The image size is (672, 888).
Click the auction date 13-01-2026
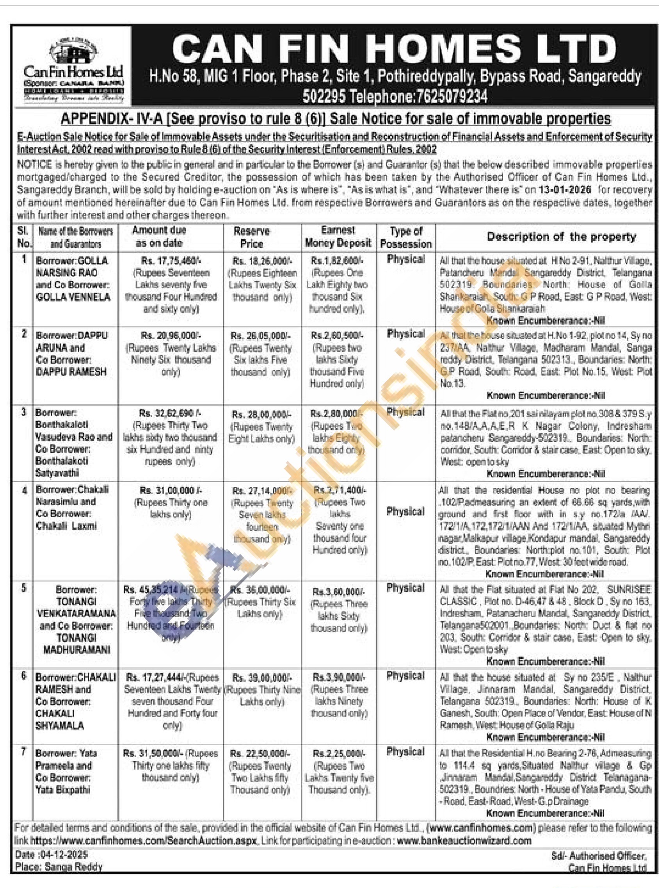(569, 190)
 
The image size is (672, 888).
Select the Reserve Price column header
(252, 237)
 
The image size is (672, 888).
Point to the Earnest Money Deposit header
(338, 237)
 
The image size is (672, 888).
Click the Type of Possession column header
(406, 237)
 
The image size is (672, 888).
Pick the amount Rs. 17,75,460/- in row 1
(171, 261)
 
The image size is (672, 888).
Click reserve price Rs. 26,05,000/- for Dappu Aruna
(260, 336)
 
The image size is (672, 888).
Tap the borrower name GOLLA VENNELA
(73, 297)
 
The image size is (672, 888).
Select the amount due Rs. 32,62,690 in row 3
(170, 413)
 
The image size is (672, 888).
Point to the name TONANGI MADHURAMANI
(76, 644)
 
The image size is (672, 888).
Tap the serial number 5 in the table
(24, 589)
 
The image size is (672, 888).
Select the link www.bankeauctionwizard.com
(464, 840)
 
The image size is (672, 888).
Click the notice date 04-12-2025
(64, 855)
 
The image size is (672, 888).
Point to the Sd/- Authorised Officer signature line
(599, 856)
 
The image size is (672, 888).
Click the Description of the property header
(561, 237)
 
